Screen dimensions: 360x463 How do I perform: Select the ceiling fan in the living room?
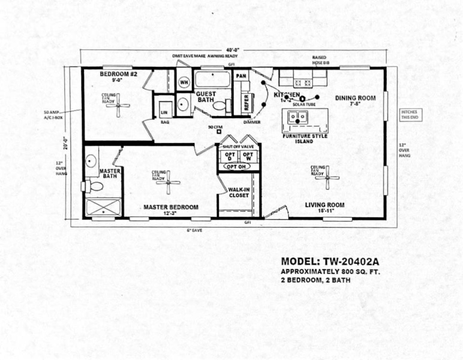pyautogui.click(x=327, y=177)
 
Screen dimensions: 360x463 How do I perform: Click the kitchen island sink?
pyautogui.click(x=298, y=117)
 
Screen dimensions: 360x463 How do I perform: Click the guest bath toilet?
pyautogui.click(x=220, y=106)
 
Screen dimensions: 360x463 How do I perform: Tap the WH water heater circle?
pyautogui.click(x=184, y=82)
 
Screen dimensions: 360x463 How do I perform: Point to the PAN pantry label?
pyautogui.click(x=241, y=76)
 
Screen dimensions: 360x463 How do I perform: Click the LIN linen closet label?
pyautogui.click(x=164, y=112)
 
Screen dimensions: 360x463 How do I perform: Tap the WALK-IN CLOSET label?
pyautogui.click(x=238, y=192)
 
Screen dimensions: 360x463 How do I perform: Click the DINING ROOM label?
pyautogui.click(x=355, y=98)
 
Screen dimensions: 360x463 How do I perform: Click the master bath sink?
pyautogui.click(x=91, y=161)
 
